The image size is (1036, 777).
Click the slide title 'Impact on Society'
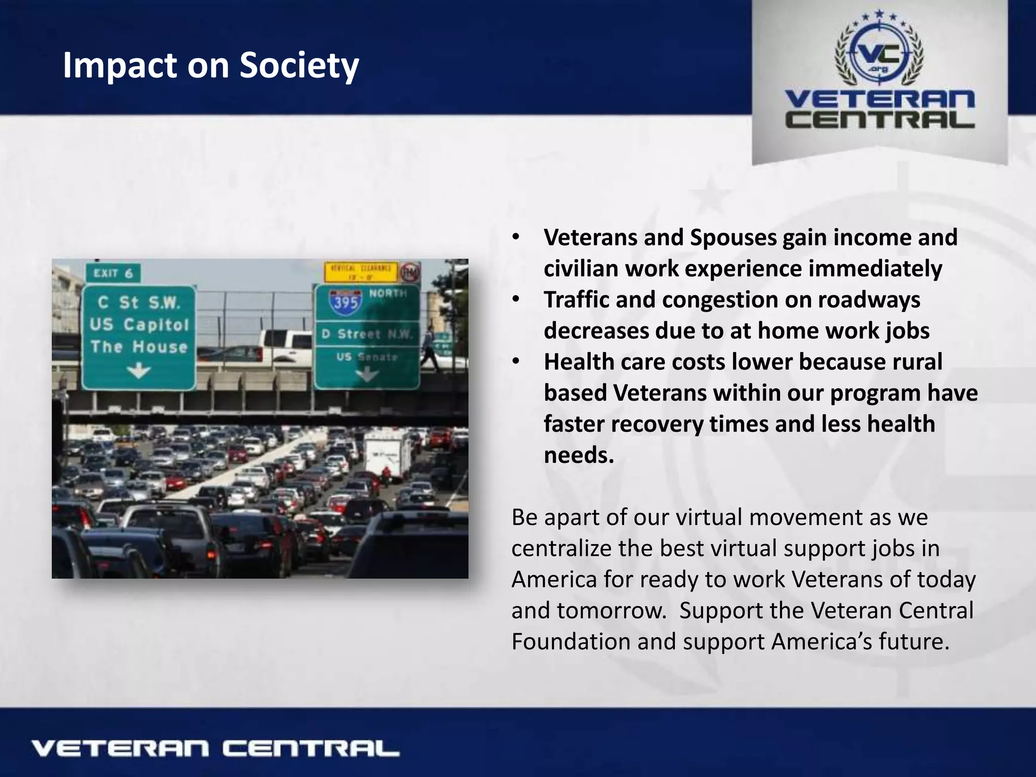coord(210,66)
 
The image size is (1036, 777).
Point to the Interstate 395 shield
coord(346,300)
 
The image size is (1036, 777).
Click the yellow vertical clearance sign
coord(361,272)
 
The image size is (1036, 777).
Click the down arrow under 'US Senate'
coord(367,375)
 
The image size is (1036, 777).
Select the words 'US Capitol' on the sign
coord(139,324)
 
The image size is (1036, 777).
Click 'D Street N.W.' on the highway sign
coord(367,334)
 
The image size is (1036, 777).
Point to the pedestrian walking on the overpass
coord(429,348)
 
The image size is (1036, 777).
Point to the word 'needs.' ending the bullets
coord(579,455)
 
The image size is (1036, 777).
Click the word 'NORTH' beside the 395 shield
coord(387,293)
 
